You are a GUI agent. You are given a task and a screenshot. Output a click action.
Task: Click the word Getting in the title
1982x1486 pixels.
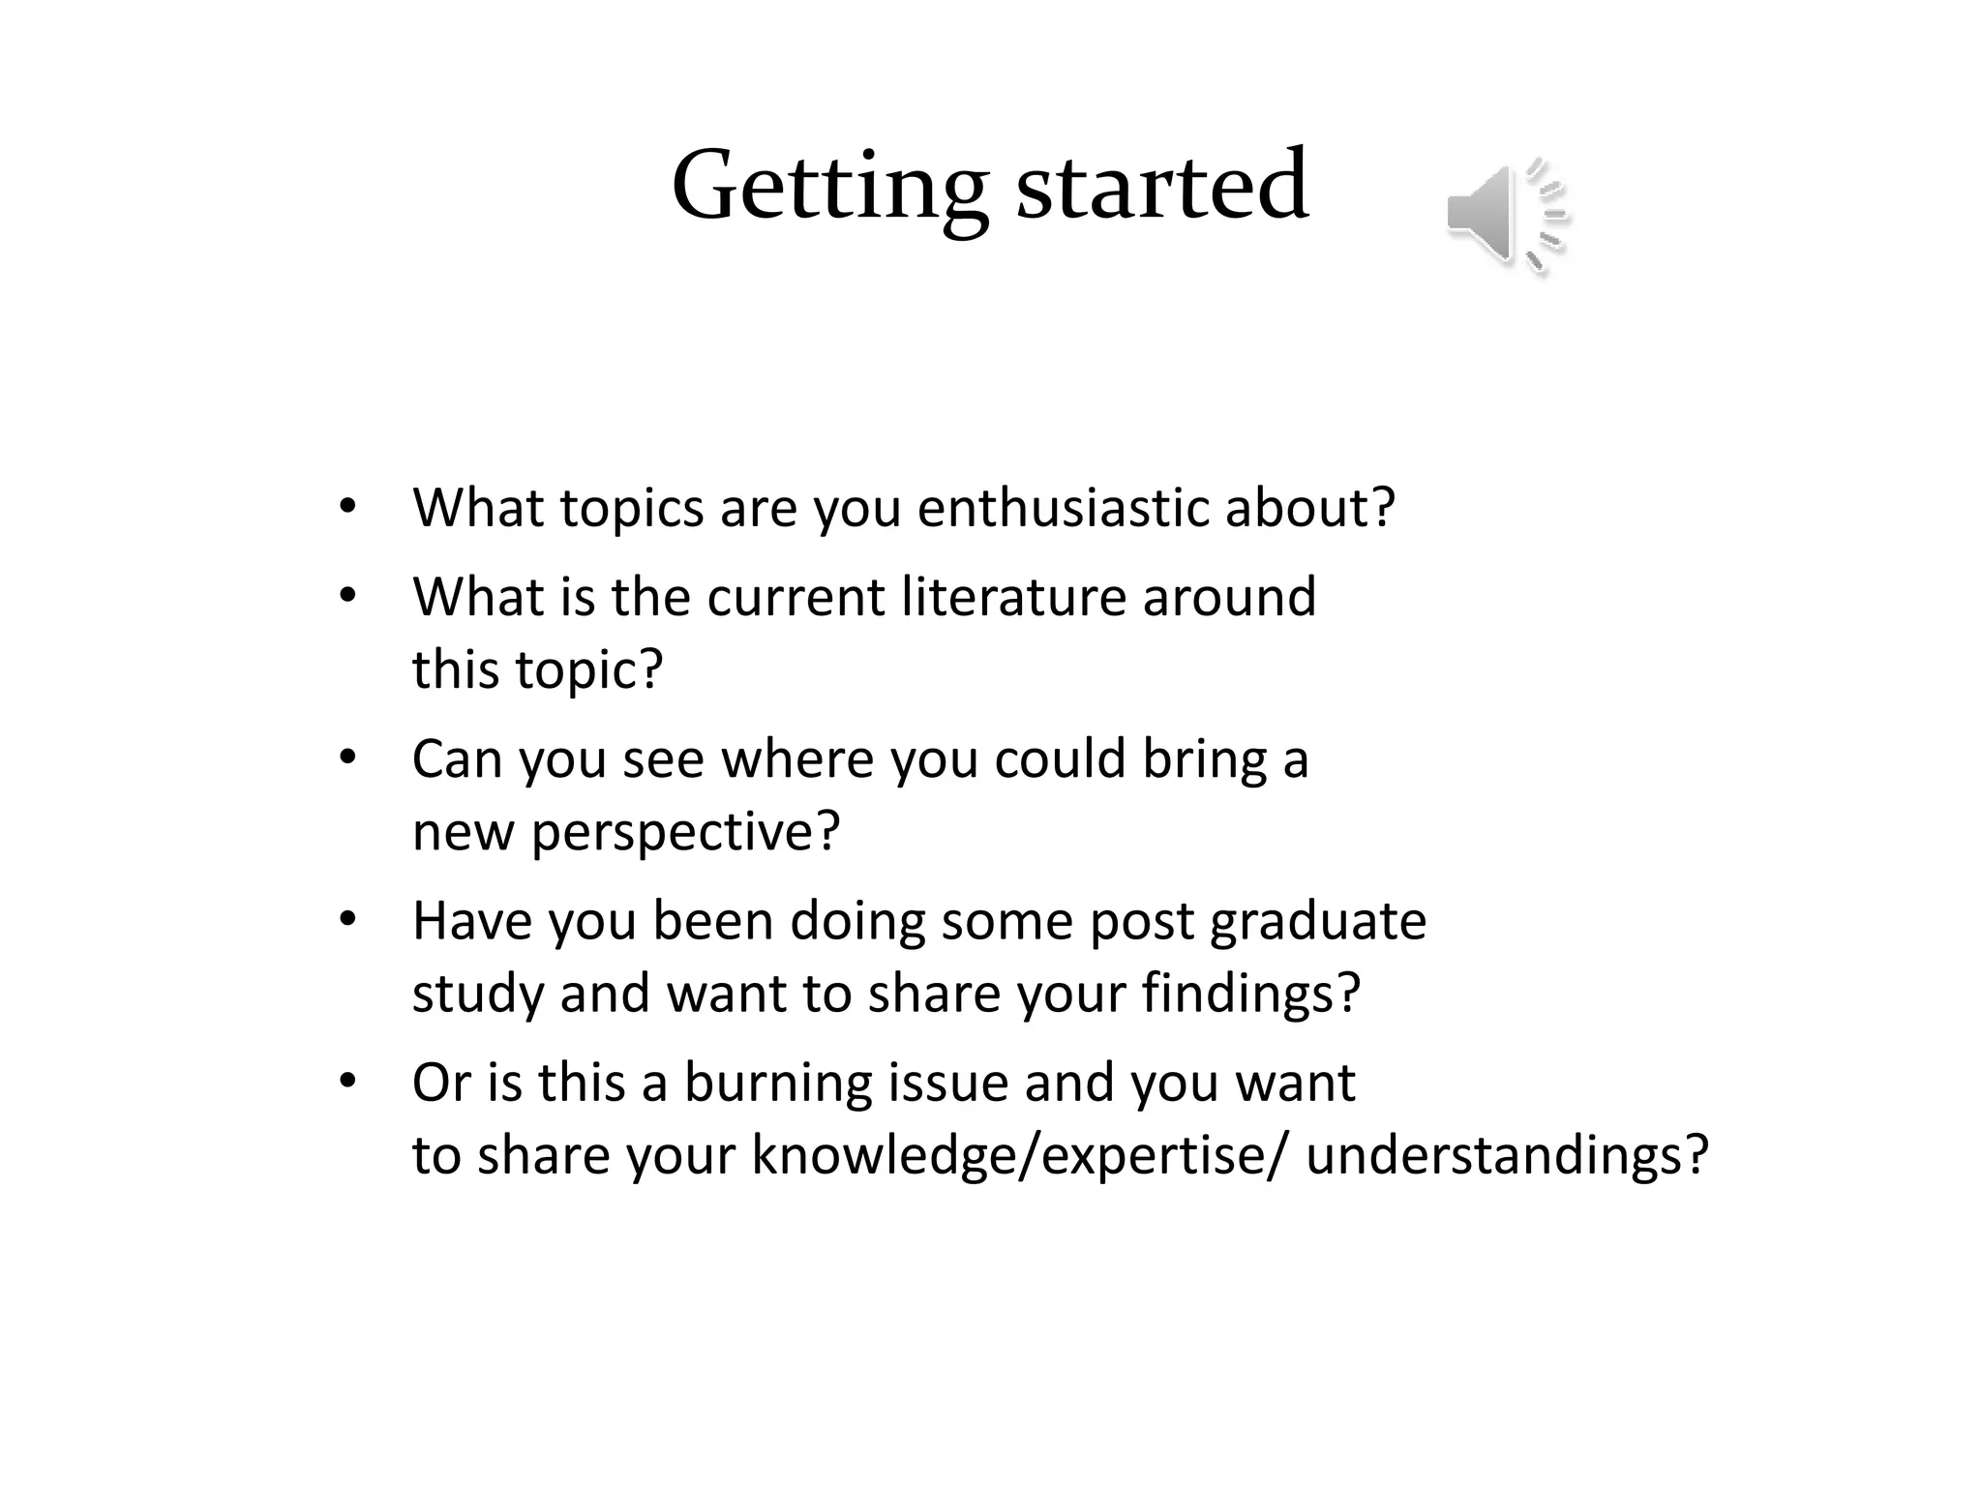point(829,187)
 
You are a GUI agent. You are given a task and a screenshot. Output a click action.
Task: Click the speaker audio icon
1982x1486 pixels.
point(1505,215)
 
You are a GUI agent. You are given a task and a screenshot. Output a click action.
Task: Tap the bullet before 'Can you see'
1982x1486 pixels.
point(347,758)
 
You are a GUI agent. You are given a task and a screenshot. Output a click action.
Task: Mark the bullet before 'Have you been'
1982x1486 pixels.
point(347,920)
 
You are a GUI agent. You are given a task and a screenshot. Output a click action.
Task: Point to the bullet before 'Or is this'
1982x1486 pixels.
point(347,1082)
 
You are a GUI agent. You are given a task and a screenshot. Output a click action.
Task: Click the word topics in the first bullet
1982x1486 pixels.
point(631,508)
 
